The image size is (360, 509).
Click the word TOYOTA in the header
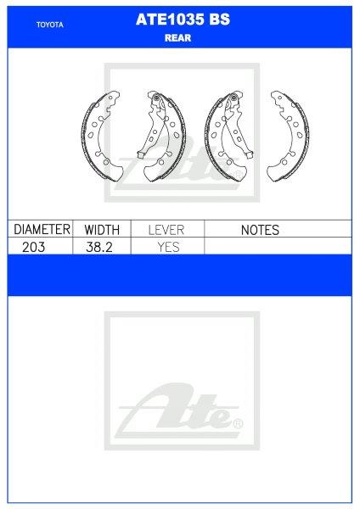(50, 25)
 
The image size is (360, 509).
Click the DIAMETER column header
(41, 230)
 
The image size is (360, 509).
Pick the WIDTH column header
(102, 230)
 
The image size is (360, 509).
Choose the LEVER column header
(167, 230)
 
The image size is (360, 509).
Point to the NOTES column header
(259, 230)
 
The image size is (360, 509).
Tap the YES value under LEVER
(167, 246)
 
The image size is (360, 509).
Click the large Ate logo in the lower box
(179, 408)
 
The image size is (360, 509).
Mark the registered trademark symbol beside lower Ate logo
(238, 423)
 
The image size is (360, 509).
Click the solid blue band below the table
(179, 275)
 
